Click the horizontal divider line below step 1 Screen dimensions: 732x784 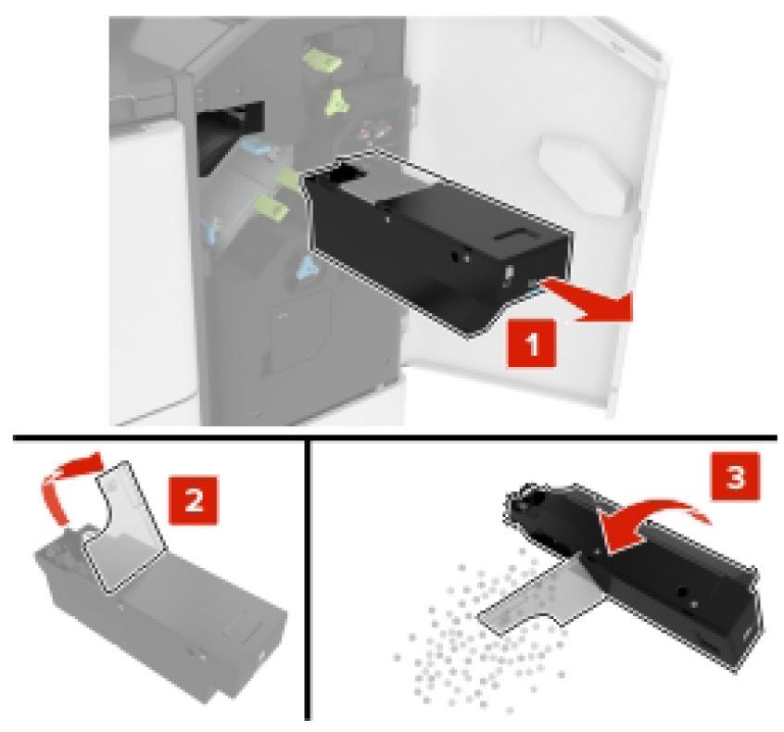[x=389, y=436]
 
